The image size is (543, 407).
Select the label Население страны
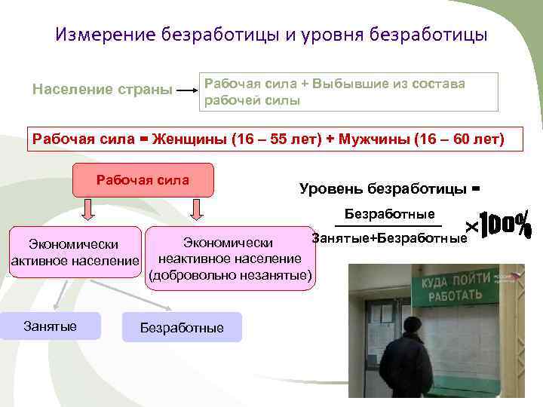click(102, 90)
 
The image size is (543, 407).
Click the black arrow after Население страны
click(186, 90)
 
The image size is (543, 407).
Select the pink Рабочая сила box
click(143, 182)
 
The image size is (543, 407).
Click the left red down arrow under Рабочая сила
click(87, 208)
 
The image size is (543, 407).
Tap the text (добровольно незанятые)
click(230, 276)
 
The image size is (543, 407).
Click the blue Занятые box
click(51, 326)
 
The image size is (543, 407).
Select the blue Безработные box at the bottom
click(182, 327)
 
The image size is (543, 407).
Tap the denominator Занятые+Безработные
click(389, 238)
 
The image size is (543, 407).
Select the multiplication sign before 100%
click(472, 226)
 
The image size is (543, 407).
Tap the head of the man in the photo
click(413, 326)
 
